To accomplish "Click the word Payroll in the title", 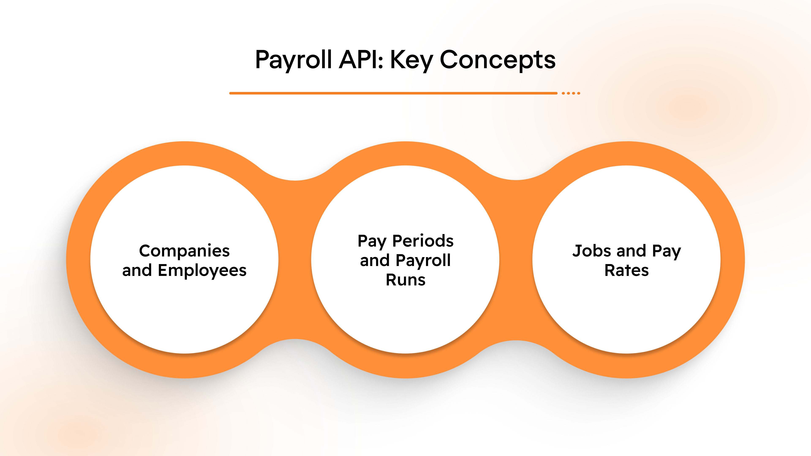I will tap(293, 60).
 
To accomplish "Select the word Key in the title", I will tap(411, 60).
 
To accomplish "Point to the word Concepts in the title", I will tap(497, 60).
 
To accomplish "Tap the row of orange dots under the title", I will tap(571, 93).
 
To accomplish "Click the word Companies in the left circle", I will tap(185, 251).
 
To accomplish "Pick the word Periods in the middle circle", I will tap(423, 241).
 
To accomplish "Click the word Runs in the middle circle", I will tap(405, 280).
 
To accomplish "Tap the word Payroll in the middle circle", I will tap(423, 261).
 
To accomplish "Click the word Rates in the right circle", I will tap(626, 270).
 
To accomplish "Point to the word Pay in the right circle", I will tap(666, 251).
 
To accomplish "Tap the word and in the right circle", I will tap(631, 251).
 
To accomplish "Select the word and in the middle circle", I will tap(375, 261).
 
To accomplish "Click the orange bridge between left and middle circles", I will tap(295, 260).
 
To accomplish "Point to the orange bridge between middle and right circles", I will tap(516, 260).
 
